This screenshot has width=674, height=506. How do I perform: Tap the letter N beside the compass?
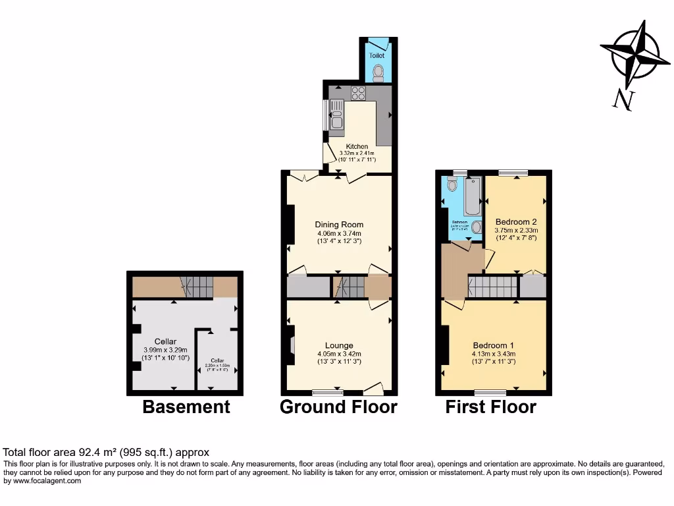point(622,99)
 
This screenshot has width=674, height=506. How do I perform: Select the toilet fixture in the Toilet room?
point(378,72)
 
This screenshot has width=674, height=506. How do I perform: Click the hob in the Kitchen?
point(358,92)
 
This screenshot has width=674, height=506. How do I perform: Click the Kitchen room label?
point(357,146)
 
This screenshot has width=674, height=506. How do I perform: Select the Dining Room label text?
point(339,225)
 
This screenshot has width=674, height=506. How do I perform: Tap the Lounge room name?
point(339,345)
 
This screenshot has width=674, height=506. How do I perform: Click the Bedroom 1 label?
point(494,345)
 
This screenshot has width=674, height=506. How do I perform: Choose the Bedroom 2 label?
point(516,221)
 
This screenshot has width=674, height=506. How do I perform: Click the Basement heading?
point(186,407)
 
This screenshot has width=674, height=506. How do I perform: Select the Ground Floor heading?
point(338,407)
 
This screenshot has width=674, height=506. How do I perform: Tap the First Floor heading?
point(490,407)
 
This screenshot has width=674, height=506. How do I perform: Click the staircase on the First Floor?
point(492,287)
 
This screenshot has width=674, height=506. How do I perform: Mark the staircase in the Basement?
point(197,287)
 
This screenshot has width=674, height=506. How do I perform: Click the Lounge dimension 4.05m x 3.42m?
point(339,353)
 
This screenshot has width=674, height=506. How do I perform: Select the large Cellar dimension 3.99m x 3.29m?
point(166,350)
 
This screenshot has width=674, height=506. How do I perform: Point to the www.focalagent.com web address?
point(42,481)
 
